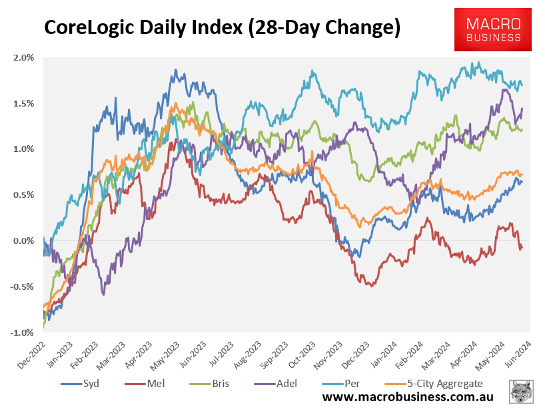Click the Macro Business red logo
(x=493, y=30)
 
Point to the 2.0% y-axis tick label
(x=23, y=57)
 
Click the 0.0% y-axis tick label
(x=23, y=240)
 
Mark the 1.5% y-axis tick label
(x=23, y=103)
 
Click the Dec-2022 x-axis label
(x=31, y=353)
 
